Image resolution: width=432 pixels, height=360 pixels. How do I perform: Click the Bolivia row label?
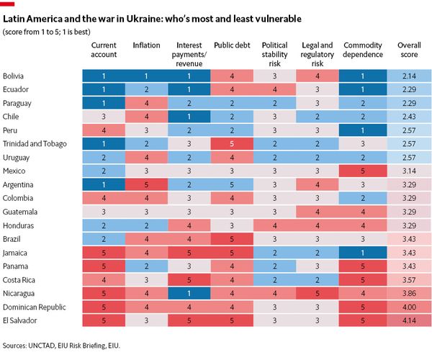(12, 76)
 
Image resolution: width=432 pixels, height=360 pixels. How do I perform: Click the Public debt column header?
(232, 45)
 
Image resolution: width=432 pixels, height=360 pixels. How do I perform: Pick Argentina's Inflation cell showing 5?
(146, 184)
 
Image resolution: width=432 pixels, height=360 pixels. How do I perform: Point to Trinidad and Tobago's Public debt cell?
(232, 143)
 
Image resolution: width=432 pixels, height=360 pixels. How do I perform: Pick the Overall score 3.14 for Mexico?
(410, 171)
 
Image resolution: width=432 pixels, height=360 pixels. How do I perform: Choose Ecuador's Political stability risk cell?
(274, 89)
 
